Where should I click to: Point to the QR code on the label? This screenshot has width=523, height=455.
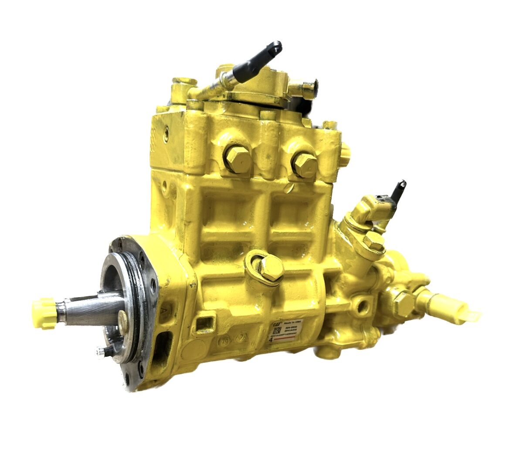[276, 332]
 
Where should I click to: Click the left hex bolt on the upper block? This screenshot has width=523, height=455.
[238, 159]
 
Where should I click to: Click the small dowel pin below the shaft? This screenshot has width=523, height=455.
[101, 351]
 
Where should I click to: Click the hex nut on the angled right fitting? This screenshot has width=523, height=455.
[374, 241]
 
